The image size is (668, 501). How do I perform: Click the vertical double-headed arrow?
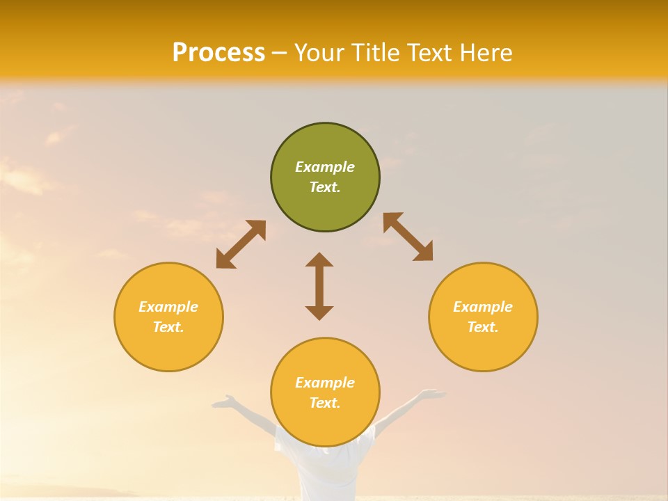(x=319, y=287)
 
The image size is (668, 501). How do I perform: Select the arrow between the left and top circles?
(x=241, y=244)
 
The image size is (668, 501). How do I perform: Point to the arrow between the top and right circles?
(x=408, y=237)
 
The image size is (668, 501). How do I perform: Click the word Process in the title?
(x=218, y=53)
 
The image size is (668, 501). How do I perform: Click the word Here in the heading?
(x=486, y=53)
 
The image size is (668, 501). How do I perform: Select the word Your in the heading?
(x=319, y=53)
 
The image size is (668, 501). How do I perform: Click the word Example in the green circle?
(x=325, y=167)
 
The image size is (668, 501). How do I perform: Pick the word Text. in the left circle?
(x=168, y=327)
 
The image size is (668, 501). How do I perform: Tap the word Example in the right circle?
(x=483, y=307)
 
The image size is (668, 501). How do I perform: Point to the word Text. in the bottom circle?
(x=325, y=403)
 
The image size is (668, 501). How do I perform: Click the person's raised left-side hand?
(x=224, y=401)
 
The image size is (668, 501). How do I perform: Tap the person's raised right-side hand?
(x=432, y=395)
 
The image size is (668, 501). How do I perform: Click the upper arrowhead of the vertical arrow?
(x=319, y=260)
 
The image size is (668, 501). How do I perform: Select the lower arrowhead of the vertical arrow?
(x=319, y=312)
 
